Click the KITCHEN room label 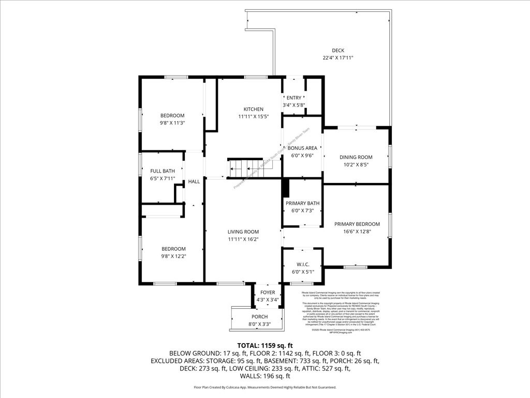[254, 109]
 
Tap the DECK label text [338, 50]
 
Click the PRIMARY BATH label [303, 203]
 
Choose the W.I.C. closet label [303, 264]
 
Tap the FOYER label [268, 293]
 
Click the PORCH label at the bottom [259, 317]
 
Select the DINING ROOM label [356, 157]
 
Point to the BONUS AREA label [303, 148]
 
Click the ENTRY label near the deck [294, 98]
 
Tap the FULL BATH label [163, 171]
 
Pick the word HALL [194, 181]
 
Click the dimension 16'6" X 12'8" [357, 232]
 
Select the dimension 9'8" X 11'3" [172, 123]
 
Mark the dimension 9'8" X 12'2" [172, 256]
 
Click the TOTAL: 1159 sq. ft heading [265, 345]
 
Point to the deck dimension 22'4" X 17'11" [338, 58]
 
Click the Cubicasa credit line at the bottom [265, 387]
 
